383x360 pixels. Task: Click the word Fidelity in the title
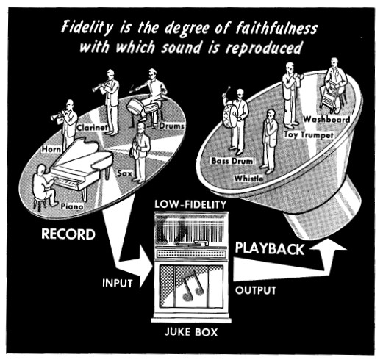(x=87, y=27)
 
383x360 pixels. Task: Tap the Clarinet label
(x=92, y=128)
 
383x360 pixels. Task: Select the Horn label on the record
(x=51, y=149)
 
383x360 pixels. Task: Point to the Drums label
(x=171, y=126)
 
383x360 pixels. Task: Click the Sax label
(x=125, y=173)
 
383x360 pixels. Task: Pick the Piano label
(x=72, y=206)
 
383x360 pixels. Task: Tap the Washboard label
(x=326, y=119)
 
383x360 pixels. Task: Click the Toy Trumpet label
(x=309, y=135)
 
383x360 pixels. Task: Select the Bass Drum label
(x=232, y=161)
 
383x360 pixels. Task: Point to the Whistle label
(x=248, y=179)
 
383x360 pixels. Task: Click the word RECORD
(x=68, y=234)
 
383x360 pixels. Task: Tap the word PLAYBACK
(x=270, y=248)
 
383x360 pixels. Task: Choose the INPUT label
(x=117, y=284)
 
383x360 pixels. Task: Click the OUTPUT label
(x=255, y=290)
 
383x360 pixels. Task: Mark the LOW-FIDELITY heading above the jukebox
(x=190, y=204)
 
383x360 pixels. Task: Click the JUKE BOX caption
(x=191, y=332)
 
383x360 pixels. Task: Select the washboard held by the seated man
(x=329, y=96)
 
